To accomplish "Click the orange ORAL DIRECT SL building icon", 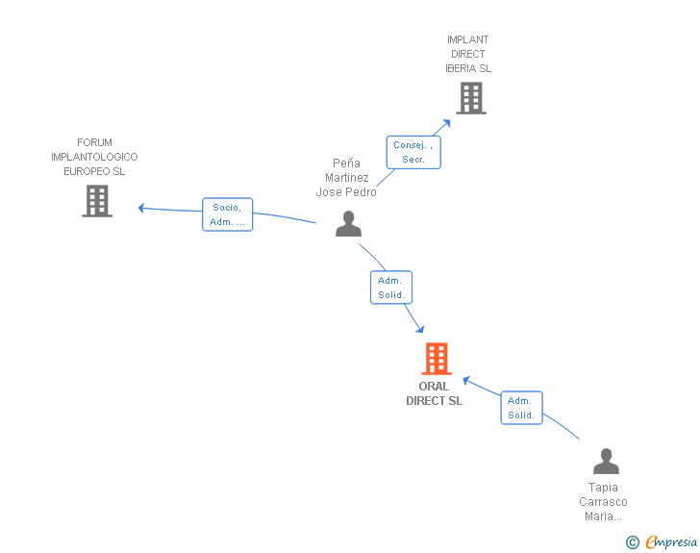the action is pyautogui.click(x=437, y=358).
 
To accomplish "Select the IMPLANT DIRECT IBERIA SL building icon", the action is pyautogui.click(x=471, y=98).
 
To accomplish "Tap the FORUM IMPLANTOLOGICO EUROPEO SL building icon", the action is pyautogui.click(x=97, y=201).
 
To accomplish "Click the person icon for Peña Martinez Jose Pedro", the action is pyautogui.click(x=348, y=223).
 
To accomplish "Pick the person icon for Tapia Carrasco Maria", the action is pyautogui.click(x=606, y=461).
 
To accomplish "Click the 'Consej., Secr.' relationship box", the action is pyautogui.click(x=413, y=152).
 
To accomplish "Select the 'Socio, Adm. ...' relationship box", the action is pyautogui.click(x=227, y=214).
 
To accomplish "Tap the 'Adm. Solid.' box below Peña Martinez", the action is pyautogui.click(x=391, y=288).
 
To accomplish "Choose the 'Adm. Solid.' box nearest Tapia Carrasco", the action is pyautogui.click(x=521, y=408).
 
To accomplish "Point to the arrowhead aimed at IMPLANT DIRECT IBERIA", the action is pyautogui.click(x=446, y=123).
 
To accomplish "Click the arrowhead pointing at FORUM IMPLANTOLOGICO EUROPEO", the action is pyautogui.click(x=141, y=208).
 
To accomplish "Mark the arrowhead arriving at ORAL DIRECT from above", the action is pyautogui.click(x=419, y=329).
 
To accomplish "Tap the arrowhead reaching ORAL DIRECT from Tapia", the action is pyautogui.click(x=466, y=380).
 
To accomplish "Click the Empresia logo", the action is pyautogui.click(x=670, y=541).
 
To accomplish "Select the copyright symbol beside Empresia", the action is pyautogui.click(x=632, y=542).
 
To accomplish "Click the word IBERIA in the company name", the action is pyautogui.click(x=461, y=68).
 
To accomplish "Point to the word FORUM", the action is pyautogui.click(x=94, y=142).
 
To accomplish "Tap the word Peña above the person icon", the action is pyautogui.click(x=346, y=163).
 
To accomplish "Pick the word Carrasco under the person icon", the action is pyautogui.click(x=603, y=502).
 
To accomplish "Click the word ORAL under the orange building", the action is pyautogui.click(x=434, y=387).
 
